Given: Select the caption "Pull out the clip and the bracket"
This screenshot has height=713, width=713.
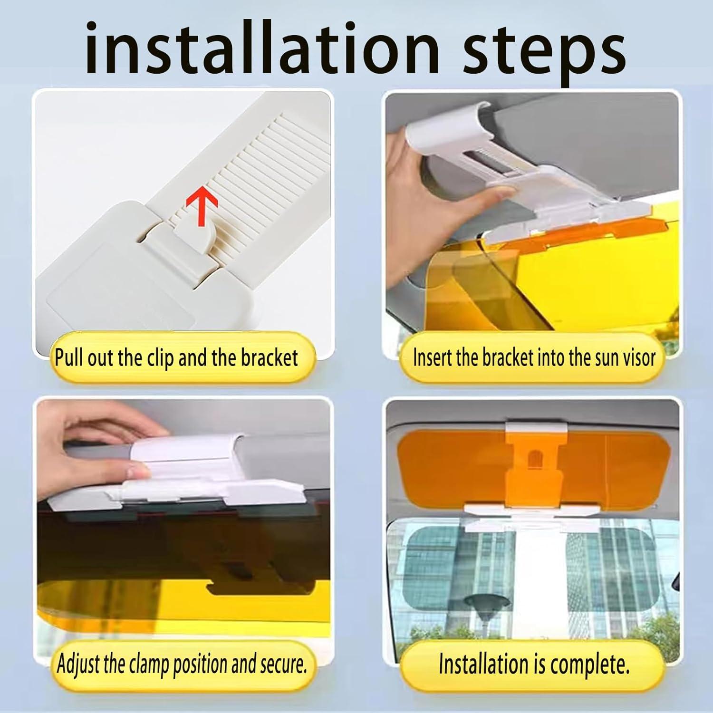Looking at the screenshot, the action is [x=176, y=357].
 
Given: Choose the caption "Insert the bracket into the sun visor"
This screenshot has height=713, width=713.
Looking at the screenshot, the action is [x=534, y=357].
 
